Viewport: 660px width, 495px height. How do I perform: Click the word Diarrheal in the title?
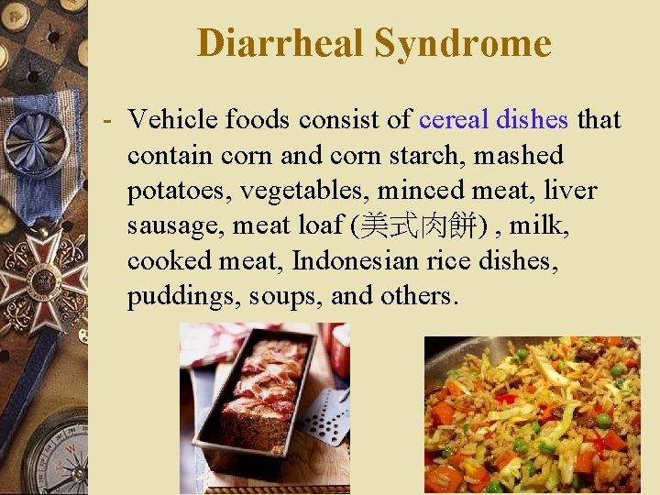coord(280,43)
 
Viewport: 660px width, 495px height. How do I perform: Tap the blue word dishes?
coord(532,119)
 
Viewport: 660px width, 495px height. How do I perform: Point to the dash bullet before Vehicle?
coord(108,120)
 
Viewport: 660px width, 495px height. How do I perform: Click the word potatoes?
coord(173,191)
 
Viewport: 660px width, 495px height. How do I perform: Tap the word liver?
coord(570,191)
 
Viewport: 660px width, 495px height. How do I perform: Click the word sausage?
coord(169,225)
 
